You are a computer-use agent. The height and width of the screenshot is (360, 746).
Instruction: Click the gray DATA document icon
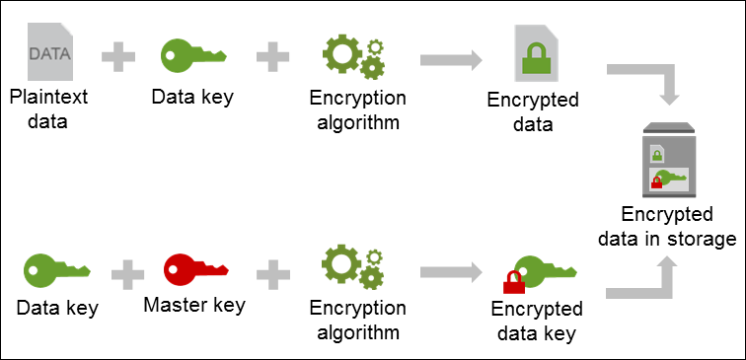[50, 54]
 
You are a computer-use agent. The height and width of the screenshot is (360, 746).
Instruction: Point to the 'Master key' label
[194, 306]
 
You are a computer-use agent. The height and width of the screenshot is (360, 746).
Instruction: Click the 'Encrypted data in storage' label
[678, 227]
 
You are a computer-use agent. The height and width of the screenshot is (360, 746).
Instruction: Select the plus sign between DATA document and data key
[117, 57]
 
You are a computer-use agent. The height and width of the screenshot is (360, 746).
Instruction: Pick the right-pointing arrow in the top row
[450, 59]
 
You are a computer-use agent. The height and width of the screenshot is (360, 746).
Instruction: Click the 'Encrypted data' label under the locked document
[534, 111]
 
